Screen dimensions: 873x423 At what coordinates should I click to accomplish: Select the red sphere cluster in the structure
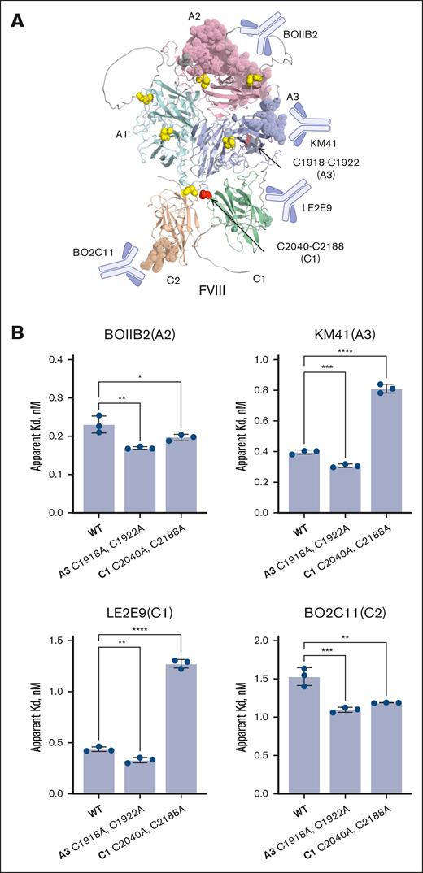[x=204, y=194]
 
